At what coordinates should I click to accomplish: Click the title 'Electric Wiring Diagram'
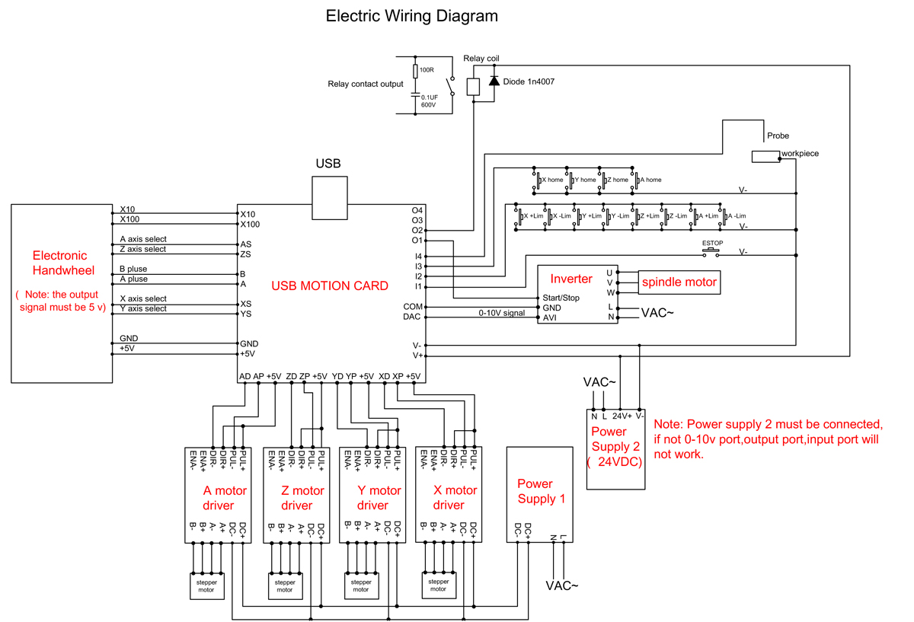coord(411,16)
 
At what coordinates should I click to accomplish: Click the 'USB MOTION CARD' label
coord(330,286)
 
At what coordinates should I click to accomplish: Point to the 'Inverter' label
coord(571,279)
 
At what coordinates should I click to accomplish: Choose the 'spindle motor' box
coord(679,282)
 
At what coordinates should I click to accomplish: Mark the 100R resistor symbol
coord(415,71)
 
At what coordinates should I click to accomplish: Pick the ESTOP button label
coord(712,244)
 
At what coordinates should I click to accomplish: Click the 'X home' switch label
coord(552,180)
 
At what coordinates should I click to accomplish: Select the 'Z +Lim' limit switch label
coord(649,216)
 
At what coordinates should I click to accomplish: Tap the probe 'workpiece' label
coord(800,154)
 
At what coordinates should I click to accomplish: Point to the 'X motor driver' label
coord(449,498)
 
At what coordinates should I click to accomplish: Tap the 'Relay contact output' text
coord(365,85)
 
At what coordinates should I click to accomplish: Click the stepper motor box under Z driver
coord(284,585)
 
